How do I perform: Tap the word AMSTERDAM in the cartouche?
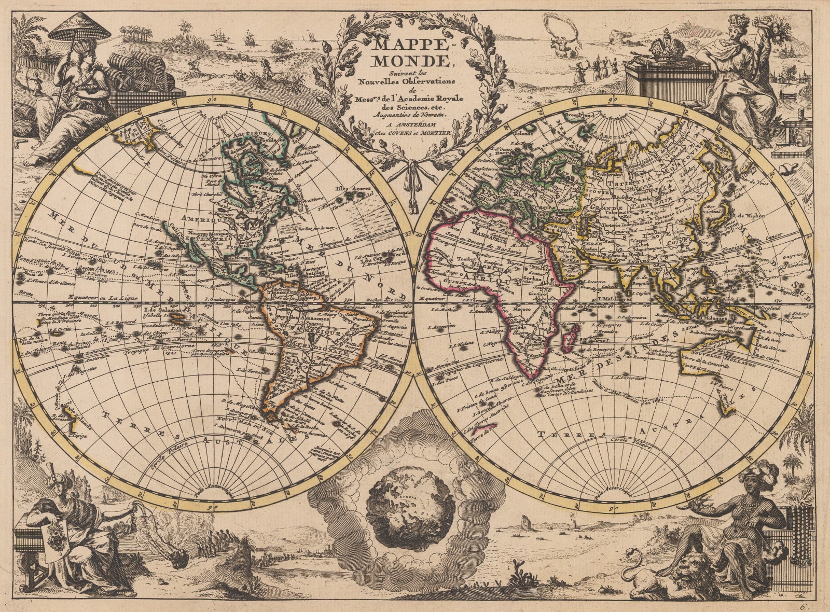coord(416,124)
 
